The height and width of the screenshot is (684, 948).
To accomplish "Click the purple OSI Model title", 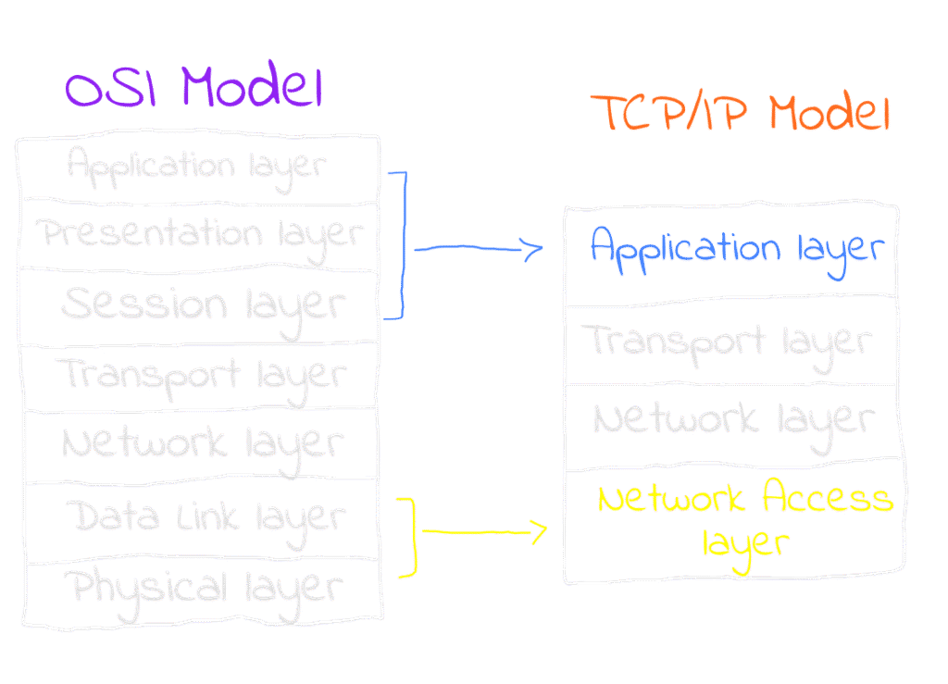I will [193, 90].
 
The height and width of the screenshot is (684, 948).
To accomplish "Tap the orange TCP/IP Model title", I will [741, 114].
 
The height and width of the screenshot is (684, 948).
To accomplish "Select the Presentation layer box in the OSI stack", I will [198, 235].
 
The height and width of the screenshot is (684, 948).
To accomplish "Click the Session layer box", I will [198, 306].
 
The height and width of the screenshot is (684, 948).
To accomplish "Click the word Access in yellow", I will [827, 500].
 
